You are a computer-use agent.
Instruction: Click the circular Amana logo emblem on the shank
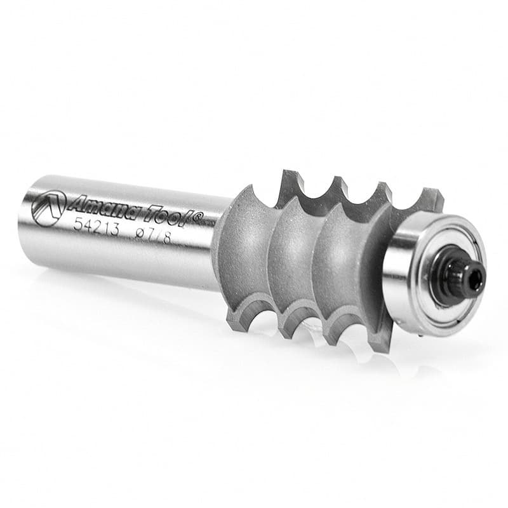pyautogui.click(x=49, y=208)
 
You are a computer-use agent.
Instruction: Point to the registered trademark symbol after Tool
pyautogui.click(x=198, y=215)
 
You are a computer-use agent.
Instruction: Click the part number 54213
pyautogui.click(x=97, y=226)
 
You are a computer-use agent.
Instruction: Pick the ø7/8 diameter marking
pyautogui.click(x=153, y=234)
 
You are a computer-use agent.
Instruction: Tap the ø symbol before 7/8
pyautogui.click(x=140, y=232)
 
